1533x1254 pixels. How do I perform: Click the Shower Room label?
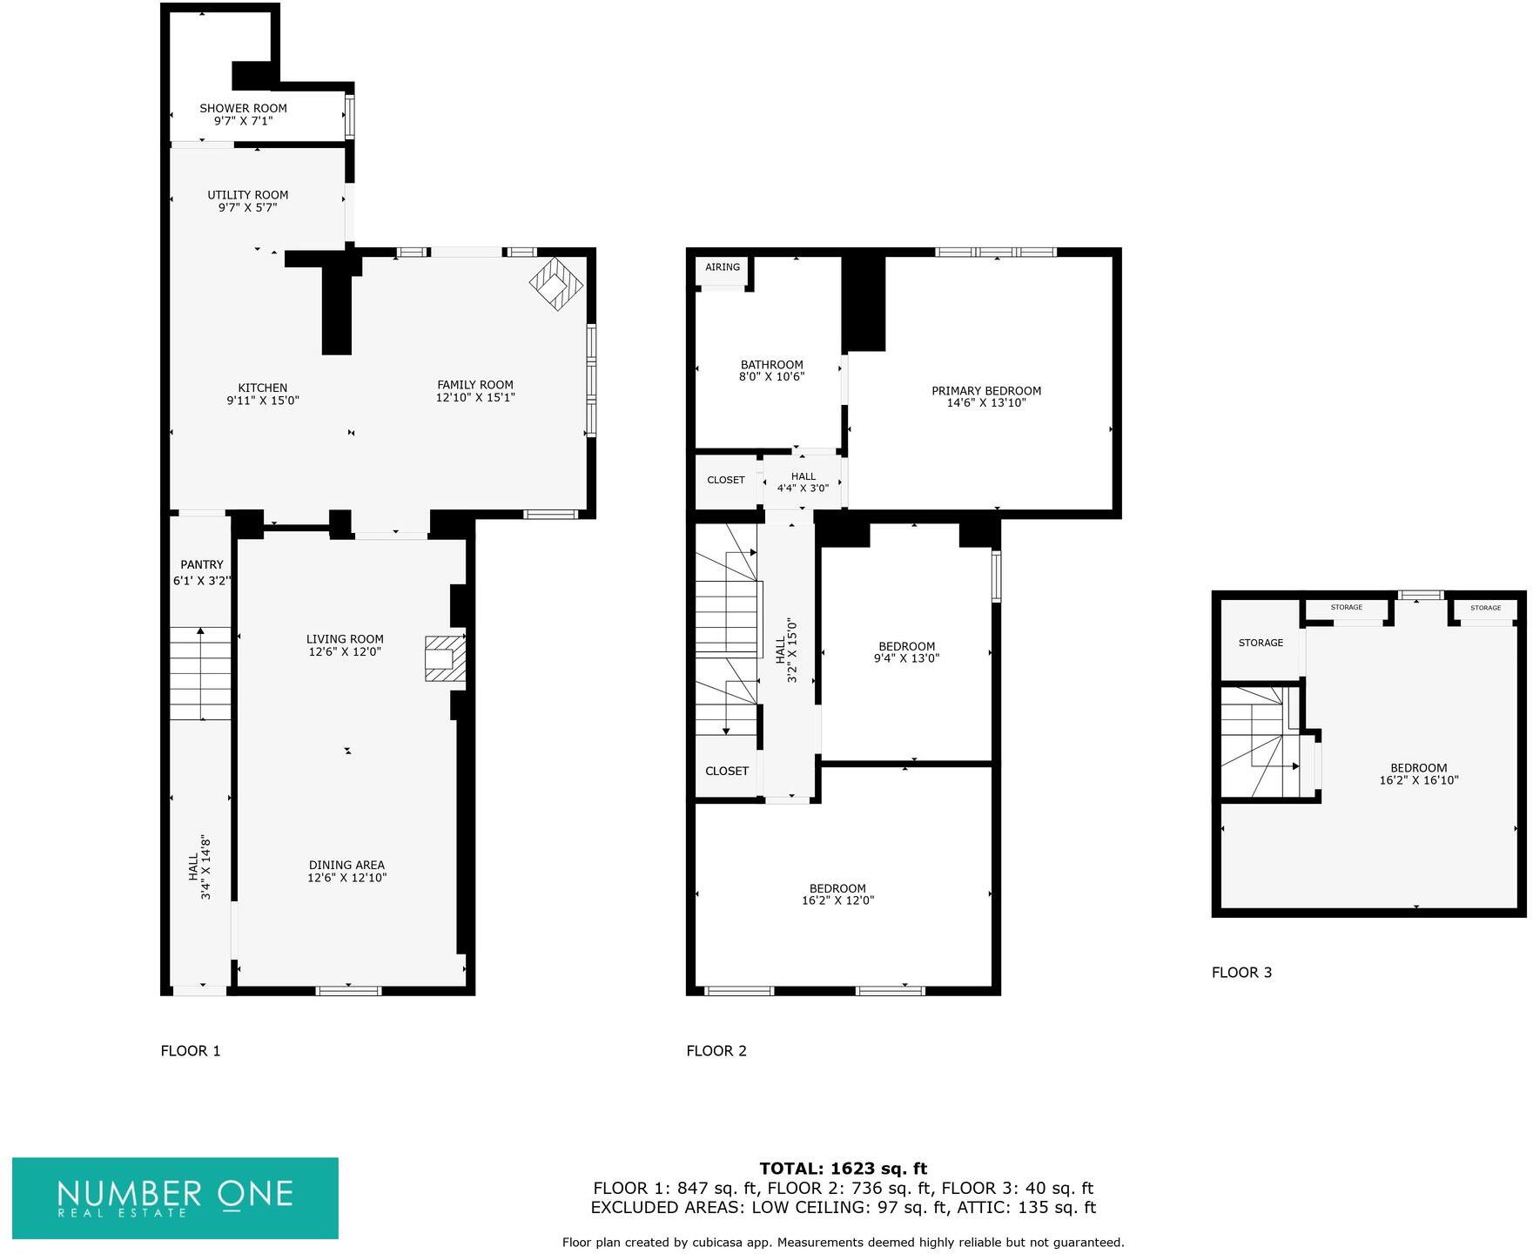coord(243,109)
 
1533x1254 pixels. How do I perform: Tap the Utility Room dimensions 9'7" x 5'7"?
coord(247,208)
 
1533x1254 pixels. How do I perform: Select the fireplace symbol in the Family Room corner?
coord(555,283)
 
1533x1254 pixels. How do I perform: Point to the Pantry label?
coord(202,565)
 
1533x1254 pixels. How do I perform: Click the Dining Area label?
coord(346,866)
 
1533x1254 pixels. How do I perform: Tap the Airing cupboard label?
coord(723,267)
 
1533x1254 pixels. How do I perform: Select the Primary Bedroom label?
coord(986,391)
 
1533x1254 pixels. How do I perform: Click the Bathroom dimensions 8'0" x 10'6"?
coord(771,377)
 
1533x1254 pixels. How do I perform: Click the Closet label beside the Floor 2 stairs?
coord(726,771)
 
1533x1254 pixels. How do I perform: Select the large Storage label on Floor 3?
coord(1261,643)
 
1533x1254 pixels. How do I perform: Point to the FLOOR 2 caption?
coord(716,1051)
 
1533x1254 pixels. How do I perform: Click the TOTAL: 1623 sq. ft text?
coord(843,1169)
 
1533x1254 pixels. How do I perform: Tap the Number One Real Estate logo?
coord(175,1197)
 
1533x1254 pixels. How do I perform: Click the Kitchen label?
coord(263,388)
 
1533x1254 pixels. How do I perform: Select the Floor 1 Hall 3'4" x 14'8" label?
coord(199,867)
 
